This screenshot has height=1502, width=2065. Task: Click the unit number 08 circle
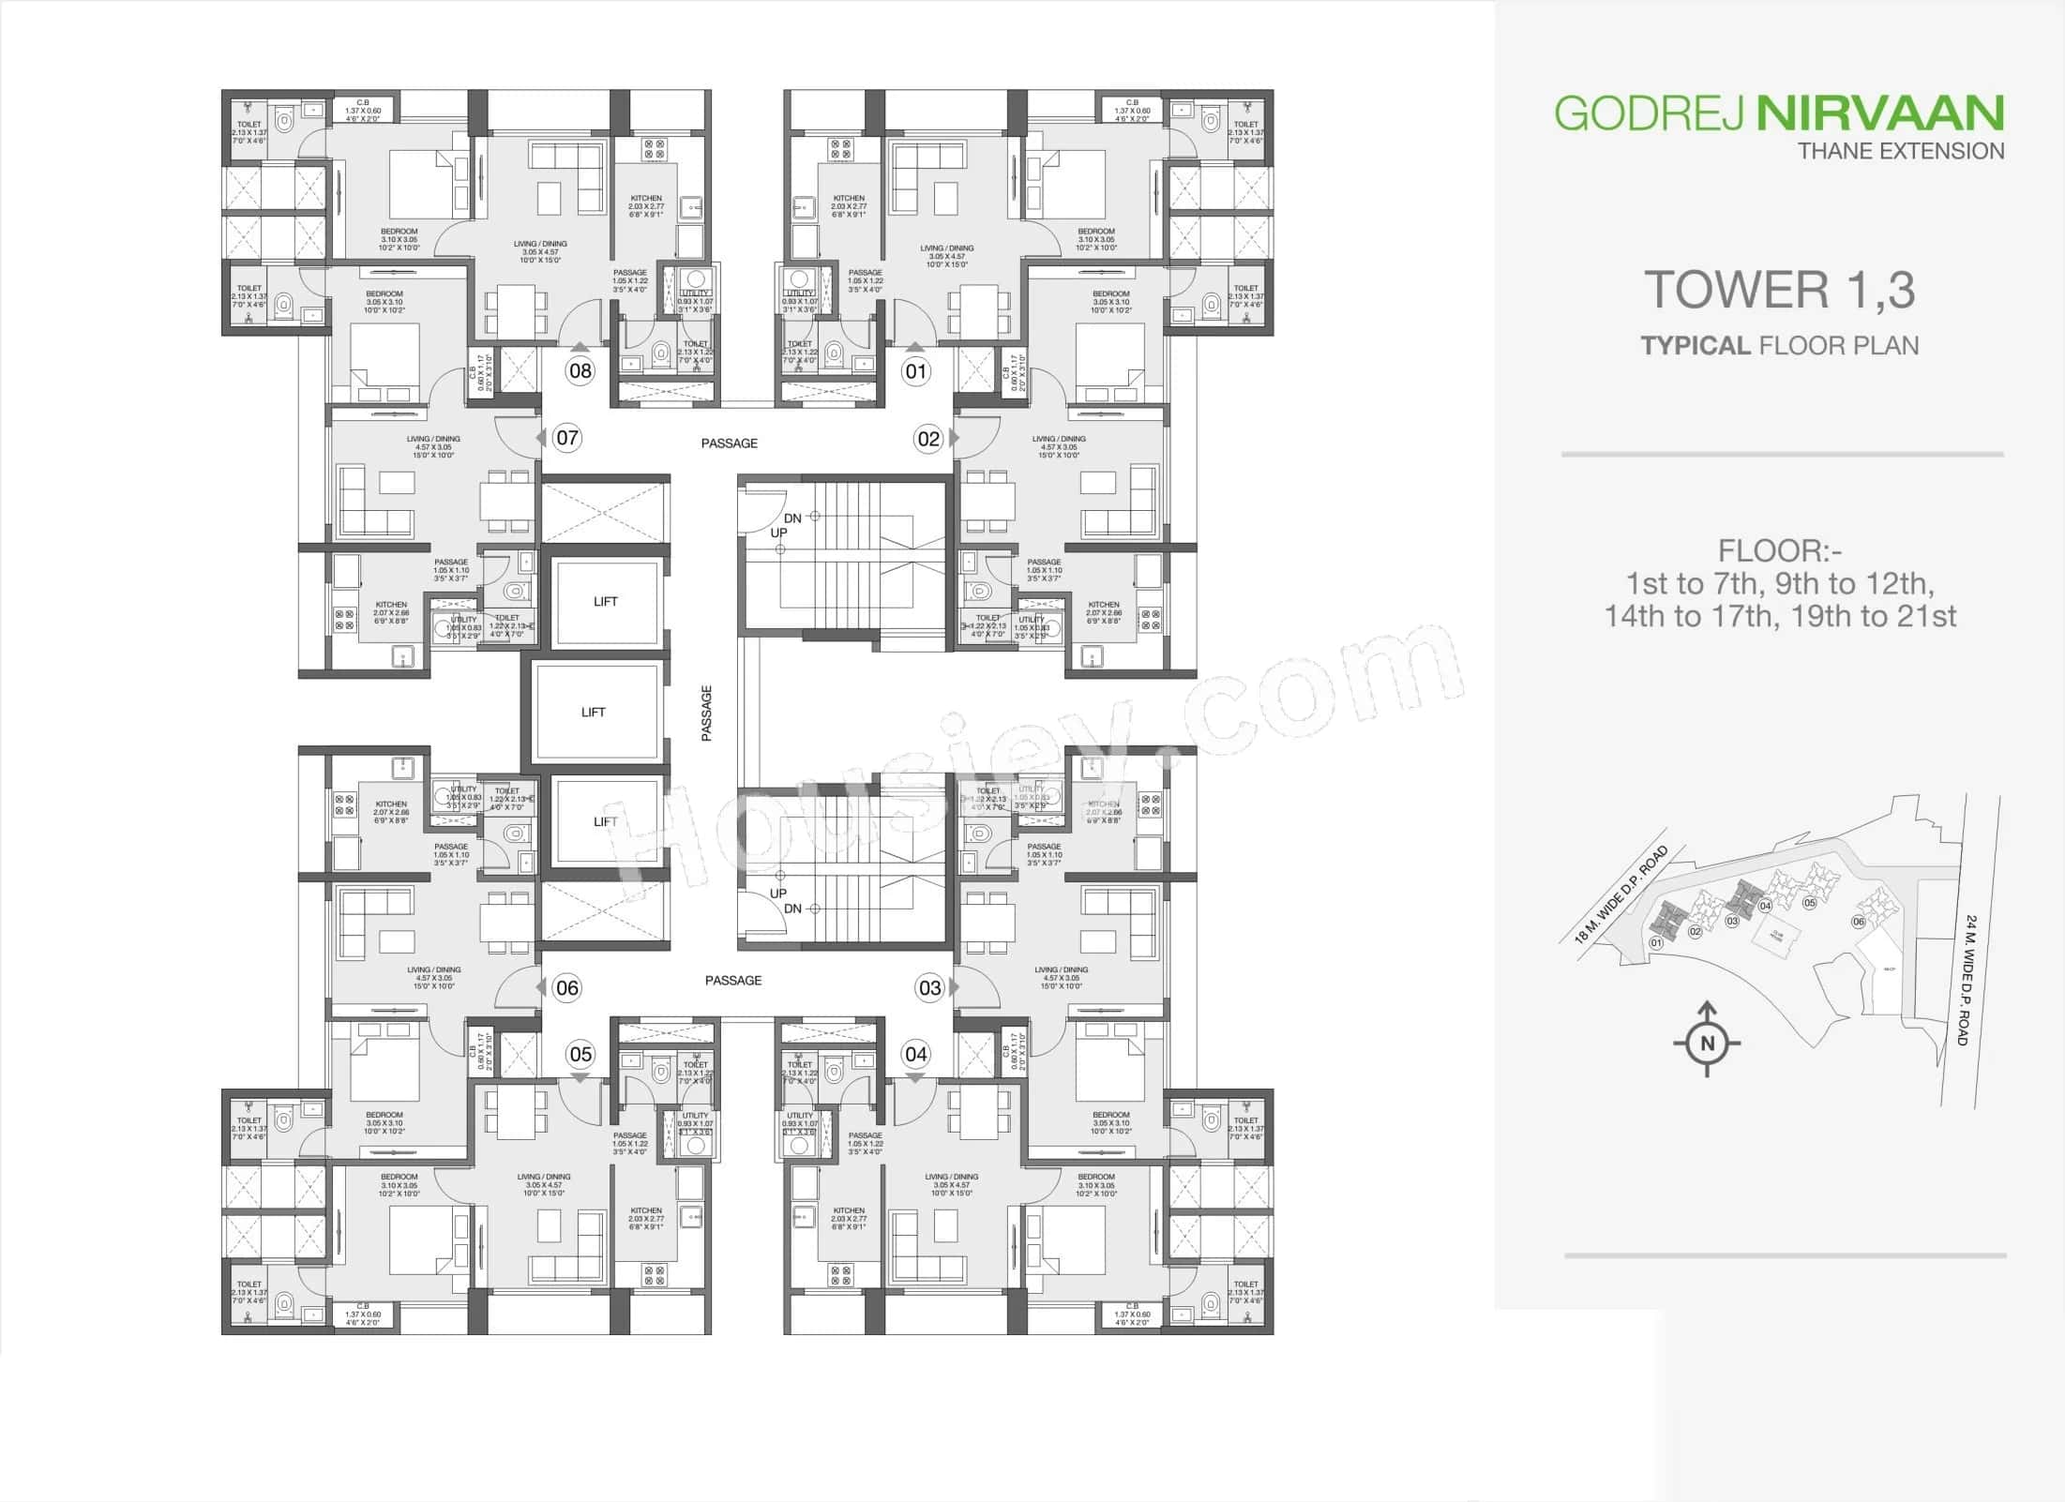coord(580,370)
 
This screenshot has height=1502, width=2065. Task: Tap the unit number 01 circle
coord(915,371)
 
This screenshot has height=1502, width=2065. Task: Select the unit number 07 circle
coord(567,437)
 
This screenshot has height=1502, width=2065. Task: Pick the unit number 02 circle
coord(928,438)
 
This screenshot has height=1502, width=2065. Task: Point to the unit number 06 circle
coord(567,987)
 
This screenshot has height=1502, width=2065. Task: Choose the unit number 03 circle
coord(929,987)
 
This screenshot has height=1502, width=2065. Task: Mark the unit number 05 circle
coord(580,1054)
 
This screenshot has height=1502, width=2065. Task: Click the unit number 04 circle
coord(915,1054)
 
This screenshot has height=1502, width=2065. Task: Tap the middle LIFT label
coord(593,712)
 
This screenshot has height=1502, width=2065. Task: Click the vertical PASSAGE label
coord(707,713)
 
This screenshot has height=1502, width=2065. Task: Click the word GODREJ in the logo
coord(1649,113)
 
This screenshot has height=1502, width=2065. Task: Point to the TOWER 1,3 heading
coord(1779,289)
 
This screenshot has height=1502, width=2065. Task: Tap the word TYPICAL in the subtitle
coord(1696,345)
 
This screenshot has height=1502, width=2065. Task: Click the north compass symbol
coord(1707,1043)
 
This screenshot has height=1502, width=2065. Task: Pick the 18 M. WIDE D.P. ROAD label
coord(1621,894)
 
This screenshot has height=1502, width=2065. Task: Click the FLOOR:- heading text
coord(1779,549)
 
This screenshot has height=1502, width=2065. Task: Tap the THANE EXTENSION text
coord(1901,151)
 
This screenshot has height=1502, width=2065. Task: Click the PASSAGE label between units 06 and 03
coord(733,980)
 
